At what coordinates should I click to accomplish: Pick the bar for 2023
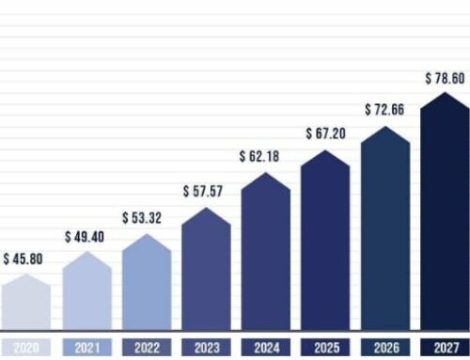[x=206, y=273]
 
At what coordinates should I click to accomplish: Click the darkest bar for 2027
[x=444, y=216]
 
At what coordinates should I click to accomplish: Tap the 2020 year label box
[x=25, y=347]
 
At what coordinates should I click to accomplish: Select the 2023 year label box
[x=206, y=347]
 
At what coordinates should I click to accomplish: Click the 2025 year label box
[x=325, y=347]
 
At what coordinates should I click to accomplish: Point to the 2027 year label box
[x=444, y=347]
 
